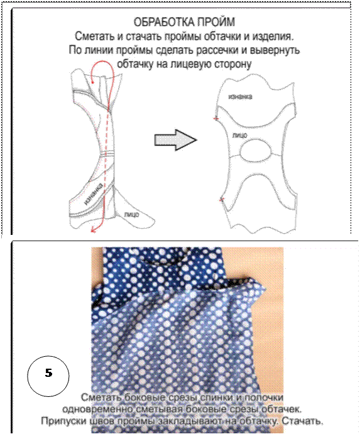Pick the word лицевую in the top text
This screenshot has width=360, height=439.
191,65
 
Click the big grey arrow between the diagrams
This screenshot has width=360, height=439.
176,139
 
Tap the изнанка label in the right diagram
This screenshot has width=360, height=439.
240,97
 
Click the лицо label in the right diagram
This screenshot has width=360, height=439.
240,135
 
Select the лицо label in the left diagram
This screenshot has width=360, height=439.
131,214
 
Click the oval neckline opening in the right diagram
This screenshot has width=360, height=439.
256,150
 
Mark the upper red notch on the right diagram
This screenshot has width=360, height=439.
215,119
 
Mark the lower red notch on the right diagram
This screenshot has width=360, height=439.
222,200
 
